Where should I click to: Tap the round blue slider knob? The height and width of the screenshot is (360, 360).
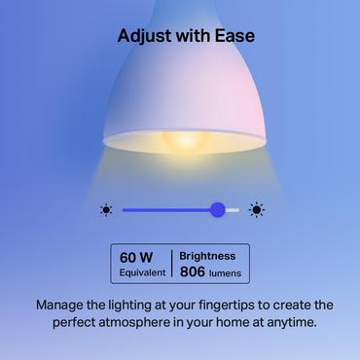click(218, 209)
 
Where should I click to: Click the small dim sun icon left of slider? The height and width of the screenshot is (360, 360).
click(106, 209)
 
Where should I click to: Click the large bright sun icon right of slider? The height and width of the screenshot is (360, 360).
click(257, 209)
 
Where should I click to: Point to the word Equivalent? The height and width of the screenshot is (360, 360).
click(141, 272)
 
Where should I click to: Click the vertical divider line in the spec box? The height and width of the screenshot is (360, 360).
click(172, 264)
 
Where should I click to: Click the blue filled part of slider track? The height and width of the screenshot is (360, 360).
click(165, 209)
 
